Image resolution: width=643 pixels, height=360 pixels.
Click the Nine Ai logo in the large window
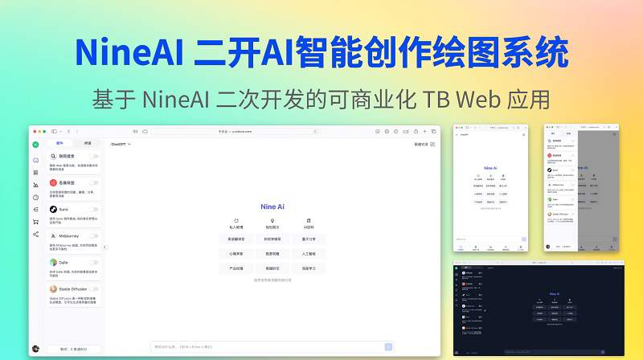coord(272,207)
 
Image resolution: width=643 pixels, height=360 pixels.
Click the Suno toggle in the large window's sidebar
coord(94,209)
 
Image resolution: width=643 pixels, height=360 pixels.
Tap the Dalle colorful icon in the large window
coord(53,263)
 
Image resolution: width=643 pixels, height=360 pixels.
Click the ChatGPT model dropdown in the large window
coord(121,145)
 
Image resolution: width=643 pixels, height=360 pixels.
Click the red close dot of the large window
coord(34,131)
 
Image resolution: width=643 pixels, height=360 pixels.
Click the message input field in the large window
coord(265,346)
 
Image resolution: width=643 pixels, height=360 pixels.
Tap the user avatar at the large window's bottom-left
coord(35,349)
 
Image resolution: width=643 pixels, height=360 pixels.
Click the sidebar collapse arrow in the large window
coord(104,247)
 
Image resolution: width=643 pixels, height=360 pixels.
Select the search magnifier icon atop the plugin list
coord(53,156)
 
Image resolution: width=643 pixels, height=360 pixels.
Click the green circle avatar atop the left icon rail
coord(35,145)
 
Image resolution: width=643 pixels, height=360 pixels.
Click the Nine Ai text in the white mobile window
coord(490,169)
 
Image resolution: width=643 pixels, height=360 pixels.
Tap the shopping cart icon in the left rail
coord(35,221)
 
